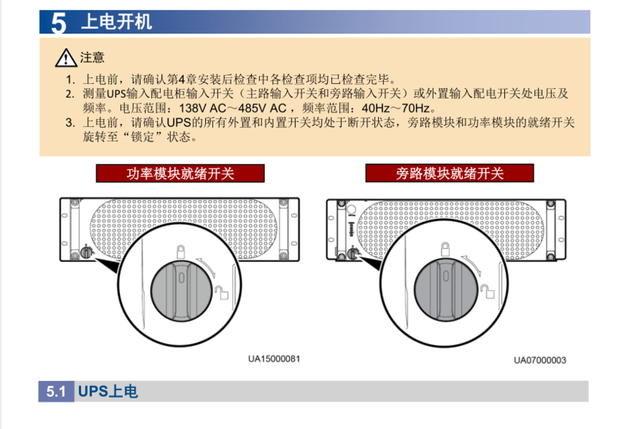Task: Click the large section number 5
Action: click(58, 23)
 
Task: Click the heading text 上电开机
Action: click(117, 22)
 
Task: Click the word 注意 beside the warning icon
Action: click(91, 57)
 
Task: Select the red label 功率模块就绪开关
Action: click(180, 174)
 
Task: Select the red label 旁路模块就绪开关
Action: click(450, 174)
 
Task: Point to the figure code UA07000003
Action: click(539, 359)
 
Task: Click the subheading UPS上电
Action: click(107, 392)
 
